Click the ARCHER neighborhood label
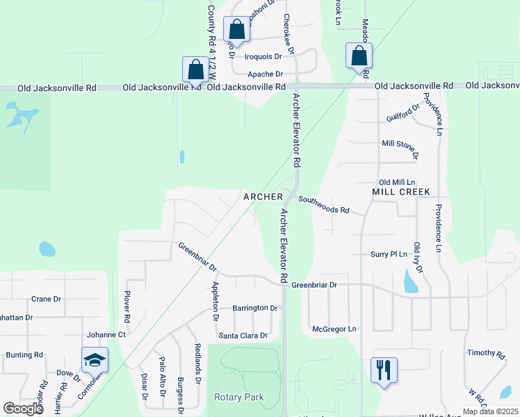[263, 197]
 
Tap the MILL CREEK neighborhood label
[401, 191]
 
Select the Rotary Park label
[239, 397]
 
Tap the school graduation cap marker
[95, 360]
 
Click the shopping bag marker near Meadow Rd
[359, 56]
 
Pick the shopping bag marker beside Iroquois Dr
[236, 30]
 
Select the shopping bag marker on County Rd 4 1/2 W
[195, 69]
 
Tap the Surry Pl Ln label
[389, 254]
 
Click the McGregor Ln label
[334, 329]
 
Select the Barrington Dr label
[255, 307]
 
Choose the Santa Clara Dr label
[243, 336]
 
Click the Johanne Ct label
[106, 334]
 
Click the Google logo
[23, 408]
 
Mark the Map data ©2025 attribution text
[489, 411]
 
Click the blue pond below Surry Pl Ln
[410, 281]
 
